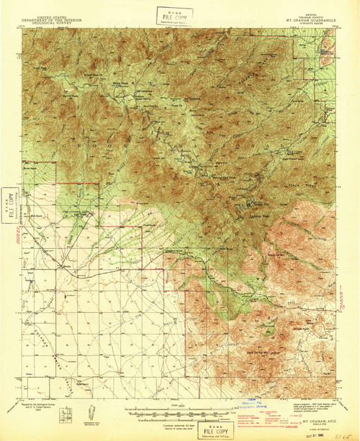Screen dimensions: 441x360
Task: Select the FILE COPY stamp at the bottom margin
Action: [184, 429]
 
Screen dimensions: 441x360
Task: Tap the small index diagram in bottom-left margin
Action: [67, 414]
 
